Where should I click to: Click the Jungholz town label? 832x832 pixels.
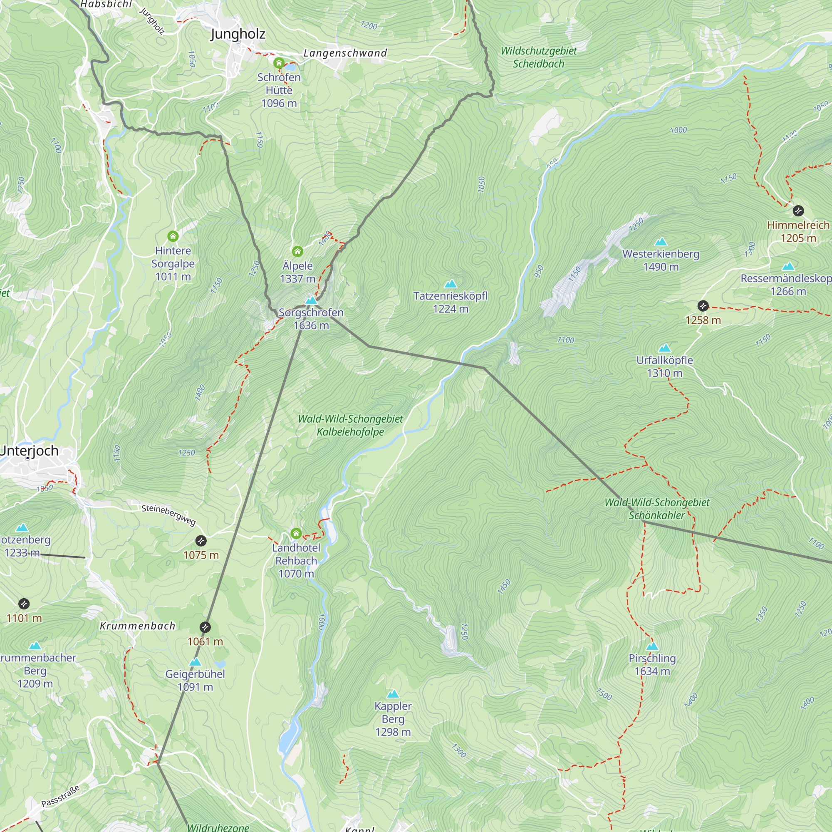coord(238,34)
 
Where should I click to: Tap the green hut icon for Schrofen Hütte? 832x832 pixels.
coord(279,63)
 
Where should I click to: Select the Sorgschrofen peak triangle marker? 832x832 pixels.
coord(311,300)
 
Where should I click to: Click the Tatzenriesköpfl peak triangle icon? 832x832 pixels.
coord(451,283)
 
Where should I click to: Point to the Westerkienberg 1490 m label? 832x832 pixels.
coord(661,260)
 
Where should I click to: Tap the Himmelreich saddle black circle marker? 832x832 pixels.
coord(798,211)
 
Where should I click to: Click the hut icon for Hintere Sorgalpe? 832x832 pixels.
coord(173,236)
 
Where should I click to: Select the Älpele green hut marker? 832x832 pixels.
coord(297,252)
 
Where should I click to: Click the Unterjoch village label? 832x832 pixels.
coord(29,451)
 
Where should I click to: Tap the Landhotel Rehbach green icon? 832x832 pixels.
coord(296,534)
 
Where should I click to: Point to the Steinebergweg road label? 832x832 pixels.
coord(169,515)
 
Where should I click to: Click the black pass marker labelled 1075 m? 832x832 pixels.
coord(201,540)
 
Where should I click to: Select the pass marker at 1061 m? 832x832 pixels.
coord(206,627)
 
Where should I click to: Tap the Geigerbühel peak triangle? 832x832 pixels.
coord(195,661)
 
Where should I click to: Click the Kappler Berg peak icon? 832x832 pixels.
coord(393,694)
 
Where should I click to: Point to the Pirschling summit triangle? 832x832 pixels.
coord(652,646)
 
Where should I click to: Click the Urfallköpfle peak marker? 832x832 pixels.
coord(664,348)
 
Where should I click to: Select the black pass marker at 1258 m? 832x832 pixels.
coord(703,306)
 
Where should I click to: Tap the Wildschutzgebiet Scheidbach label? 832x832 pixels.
coord(538,57)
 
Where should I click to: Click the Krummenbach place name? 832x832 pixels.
coord(138,626)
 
